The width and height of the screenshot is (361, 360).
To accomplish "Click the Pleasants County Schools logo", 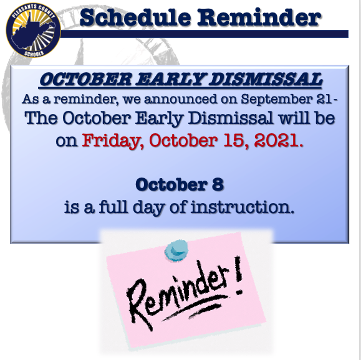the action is tap(34, 30).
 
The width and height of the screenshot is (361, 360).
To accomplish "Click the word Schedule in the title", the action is tap(135, 17).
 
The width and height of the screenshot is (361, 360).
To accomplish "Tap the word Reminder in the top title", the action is tap(259, 17).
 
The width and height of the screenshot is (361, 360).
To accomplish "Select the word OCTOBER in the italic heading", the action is tap(85, 79).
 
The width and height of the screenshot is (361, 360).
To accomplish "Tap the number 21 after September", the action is tap(324, 99).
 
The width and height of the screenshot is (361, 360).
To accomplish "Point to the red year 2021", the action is tap(276, 141).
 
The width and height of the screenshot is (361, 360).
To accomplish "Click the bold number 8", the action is tap(218, 184).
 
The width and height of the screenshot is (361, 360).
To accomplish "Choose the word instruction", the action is tap(243, 207).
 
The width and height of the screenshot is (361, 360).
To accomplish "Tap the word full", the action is tap(113, 207).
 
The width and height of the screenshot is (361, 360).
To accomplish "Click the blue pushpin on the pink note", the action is tap(176, 249).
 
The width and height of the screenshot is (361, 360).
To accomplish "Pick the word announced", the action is tap(181, 100).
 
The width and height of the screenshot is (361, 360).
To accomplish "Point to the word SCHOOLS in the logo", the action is tap(34, 54).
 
